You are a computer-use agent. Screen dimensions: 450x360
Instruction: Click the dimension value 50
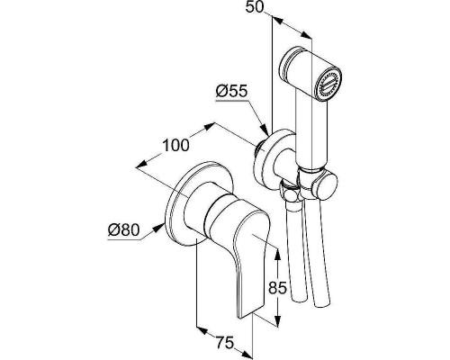(254, 6)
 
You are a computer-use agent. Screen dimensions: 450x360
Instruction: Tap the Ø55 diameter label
(232, 91)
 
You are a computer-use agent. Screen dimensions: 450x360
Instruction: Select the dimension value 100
(175, 145)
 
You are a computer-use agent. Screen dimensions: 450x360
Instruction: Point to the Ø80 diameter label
(124, 230)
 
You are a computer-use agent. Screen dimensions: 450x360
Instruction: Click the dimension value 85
(278, 288)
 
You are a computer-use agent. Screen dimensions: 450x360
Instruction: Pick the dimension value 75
(225, 343)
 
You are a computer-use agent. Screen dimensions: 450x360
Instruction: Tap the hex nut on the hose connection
(290, 193)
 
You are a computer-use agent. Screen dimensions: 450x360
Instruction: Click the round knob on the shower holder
(328, 186)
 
